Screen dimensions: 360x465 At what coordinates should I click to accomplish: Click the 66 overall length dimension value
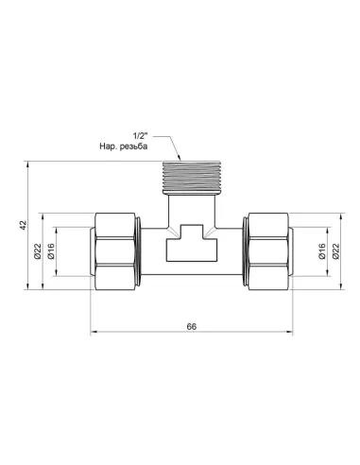coord(191,326)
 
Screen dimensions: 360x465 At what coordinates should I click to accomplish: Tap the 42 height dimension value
coord(24,225)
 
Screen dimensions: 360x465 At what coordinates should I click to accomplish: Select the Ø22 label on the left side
coord(38,251)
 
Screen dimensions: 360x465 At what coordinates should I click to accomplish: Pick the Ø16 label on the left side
coord(51,251)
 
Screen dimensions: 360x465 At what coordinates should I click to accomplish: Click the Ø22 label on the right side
coord(335,251)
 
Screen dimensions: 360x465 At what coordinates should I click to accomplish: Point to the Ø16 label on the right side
coord(322,251)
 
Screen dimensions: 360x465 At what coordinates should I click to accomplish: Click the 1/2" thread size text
coord(141,136)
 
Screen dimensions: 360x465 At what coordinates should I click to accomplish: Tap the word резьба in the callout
coord(133,146)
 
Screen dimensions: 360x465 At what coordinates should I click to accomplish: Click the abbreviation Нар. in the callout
coord(108,146)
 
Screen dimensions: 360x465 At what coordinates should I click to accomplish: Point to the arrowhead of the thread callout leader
coord(180,158)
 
